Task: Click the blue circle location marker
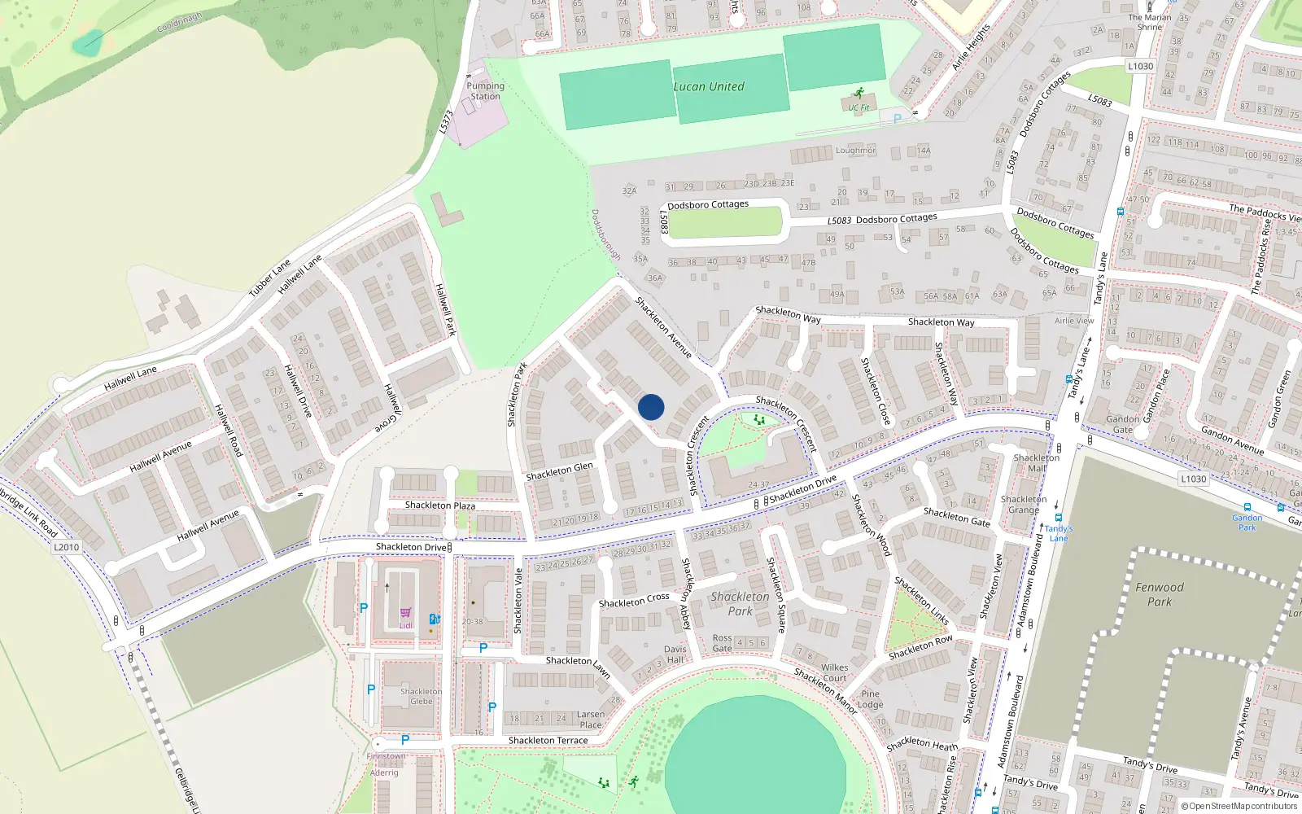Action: (x=651, y=407)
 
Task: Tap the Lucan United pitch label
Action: (x=708, y=87)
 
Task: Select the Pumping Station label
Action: (x=485, y=91)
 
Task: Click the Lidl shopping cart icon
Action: (x=405, y=613)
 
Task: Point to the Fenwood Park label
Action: (x=1160, y=594)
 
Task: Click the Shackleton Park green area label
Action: (x=740, y=604)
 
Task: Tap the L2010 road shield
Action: (x=67, y=547)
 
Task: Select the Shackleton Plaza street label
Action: (x=440, y=505)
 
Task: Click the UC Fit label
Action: (x=859, y=107)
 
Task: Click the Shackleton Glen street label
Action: (x=559, y=471)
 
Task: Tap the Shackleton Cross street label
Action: (x=634, y=601)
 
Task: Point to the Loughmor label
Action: (x=855, y=151)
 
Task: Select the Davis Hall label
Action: (x=675, y=654)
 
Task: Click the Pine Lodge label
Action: (x=870, y=699)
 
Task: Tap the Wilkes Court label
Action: (x=834, y=672)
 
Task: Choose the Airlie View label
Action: (x=1074, y=321)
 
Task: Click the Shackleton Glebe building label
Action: (x=422, y=696)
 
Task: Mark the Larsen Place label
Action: (x=591, y=720)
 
